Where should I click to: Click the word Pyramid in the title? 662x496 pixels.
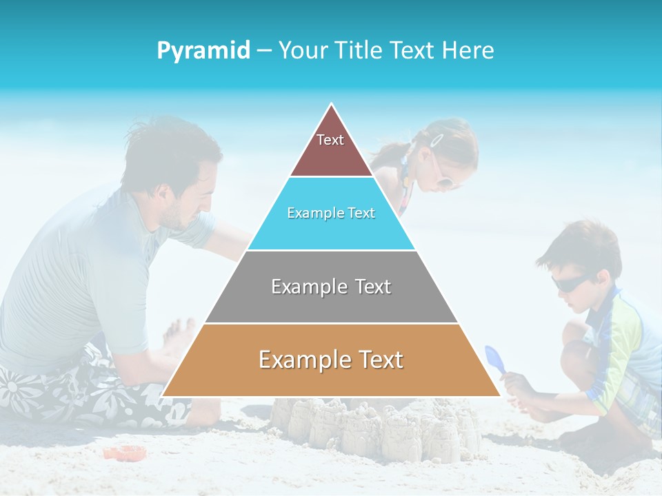click(x=203, y=51)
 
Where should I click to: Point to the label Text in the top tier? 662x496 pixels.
click(x=330, y=140)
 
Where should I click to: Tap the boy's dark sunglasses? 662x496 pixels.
click(x=570, y=282)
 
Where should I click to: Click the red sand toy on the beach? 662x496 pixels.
click(x=125, y=453)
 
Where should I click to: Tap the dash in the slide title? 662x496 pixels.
click(x=264, y=51)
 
